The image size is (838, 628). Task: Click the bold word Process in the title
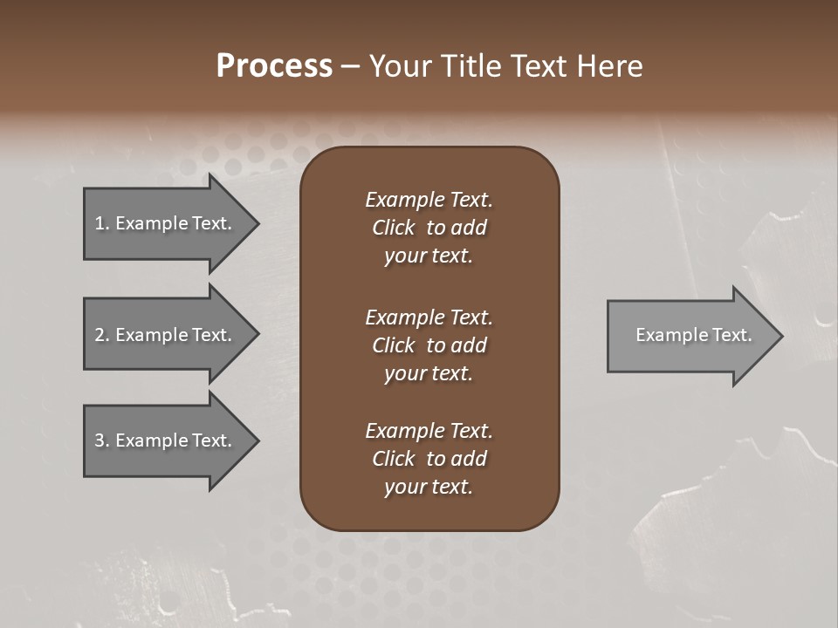274,66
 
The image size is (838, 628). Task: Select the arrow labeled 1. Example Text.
163,224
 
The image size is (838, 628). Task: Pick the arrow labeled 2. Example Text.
163,335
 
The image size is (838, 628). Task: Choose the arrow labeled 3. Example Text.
163,440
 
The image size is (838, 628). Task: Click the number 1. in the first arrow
102,223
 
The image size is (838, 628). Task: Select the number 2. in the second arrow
102,335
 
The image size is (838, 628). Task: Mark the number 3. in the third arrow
102,440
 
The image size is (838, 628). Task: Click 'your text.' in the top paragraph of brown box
428,256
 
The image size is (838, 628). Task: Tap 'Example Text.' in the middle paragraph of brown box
429,317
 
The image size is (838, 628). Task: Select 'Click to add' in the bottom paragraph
429,459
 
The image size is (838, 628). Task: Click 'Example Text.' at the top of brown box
429,200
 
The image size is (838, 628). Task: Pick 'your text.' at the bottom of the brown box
428,488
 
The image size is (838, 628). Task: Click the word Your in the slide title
401,66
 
